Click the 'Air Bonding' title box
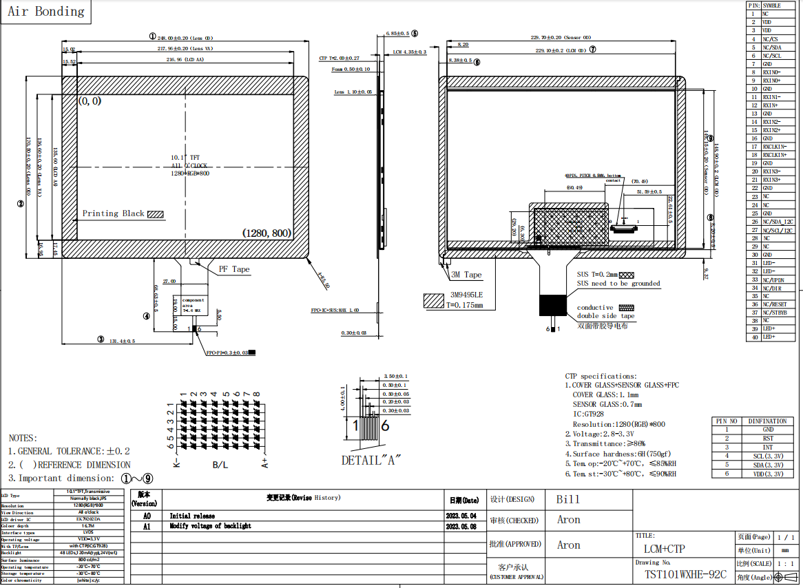(45, 12)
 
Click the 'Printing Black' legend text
(114, 213)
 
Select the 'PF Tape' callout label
(234, 269)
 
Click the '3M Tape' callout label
(466, 275)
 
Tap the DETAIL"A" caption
(371, 460)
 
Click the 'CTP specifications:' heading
(601, 376)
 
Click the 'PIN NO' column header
(727, 421)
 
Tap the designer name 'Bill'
(568, 499)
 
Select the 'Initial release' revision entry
(192, 516)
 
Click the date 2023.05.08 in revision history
(461, 526)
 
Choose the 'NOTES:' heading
(23, 438)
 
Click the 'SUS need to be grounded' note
(618, 284)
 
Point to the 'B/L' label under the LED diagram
(220, 465)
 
